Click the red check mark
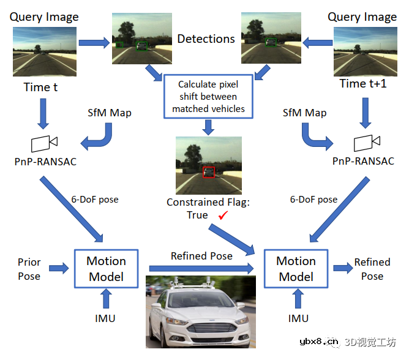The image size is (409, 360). pos(223,215)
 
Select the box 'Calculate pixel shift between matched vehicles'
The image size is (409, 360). pos(208,96)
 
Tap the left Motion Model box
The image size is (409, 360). pos(106,268)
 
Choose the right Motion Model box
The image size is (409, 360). pos(296,268)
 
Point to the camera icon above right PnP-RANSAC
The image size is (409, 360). pos(367,143)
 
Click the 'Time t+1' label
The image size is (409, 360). pos(363,84)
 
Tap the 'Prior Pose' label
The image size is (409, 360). pos(29,268)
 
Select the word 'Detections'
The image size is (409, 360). pos(206,39)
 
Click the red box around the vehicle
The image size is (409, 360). pos(209,172)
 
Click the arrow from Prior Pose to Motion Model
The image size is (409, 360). pos(59,268)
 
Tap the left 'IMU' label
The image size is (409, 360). pos(105,318)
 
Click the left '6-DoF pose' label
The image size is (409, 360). pos(95,200)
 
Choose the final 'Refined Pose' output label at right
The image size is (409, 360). pos(372,268)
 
